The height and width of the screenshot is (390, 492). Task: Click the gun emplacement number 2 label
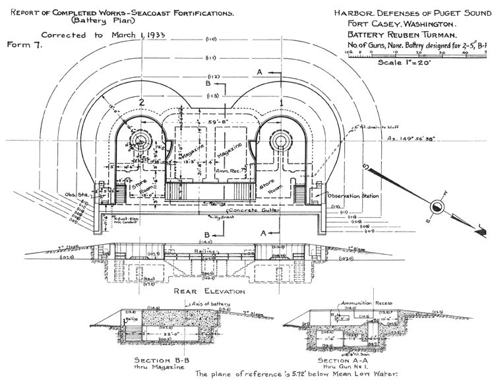(141, 102)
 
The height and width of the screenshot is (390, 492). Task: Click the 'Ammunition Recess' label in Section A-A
(366, 303)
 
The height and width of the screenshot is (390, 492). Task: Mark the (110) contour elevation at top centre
(211, 39)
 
